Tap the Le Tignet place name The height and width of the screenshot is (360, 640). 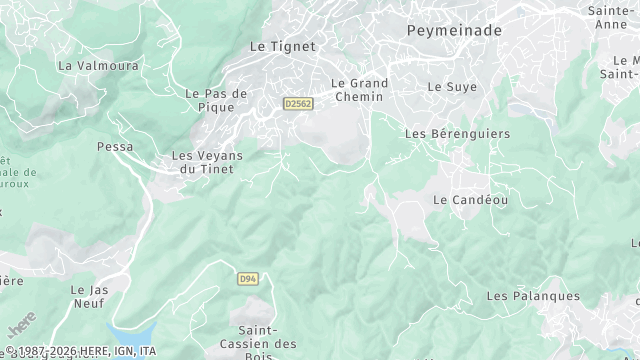pos(282,46)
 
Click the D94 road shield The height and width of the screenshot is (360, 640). pos(248,279)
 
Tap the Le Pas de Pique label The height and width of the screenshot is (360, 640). pos(216,101)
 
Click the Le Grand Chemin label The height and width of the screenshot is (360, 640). pos(358,90)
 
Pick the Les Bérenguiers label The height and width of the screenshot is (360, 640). pos(457,133)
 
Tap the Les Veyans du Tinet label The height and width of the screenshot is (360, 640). pos(207,162)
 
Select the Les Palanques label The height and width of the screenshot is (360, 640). pos(532,296)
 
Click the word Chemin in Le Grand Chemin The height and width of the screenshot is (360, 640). pos(358,97)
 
